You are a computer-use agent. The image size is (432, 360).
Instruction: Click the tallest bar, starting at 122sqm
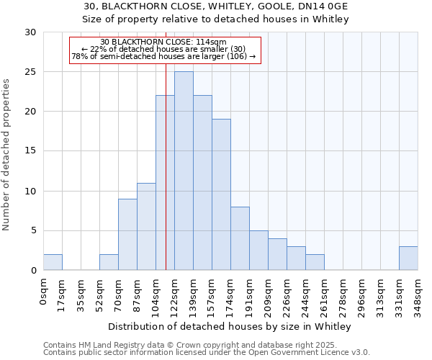[x=184, y=171]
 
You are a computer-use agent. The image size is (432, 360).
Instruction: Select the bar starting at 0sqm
[x=53, y=262]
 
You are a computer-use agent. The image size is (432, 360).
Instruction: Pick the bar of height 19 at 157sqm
[x=221, y=194]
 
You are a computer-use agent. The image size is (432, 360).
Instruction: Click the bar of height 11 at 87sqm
[x=146, y=226]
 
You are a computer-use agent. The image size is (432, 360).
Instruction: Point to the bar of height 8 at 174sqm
[x=240, y=238]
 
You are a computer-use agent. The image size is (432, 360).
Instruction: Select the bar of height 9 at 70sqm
[x=127, y=234]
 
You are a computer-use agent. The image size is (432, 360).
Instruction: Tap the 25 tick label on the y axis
[x=30, y=72]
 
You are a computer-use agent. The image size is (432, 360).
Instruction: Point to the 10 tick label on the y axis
[x=30, y=191]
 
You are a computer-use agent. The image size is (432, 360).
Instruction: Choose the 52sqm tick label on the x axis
[x=99, y=294]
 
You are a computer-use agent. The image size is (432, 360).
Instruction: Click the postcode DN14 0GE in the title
[x=317, y=6]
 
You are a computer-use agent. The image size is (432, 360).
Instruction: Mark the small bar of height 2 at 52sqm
[x=109, y=262]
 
